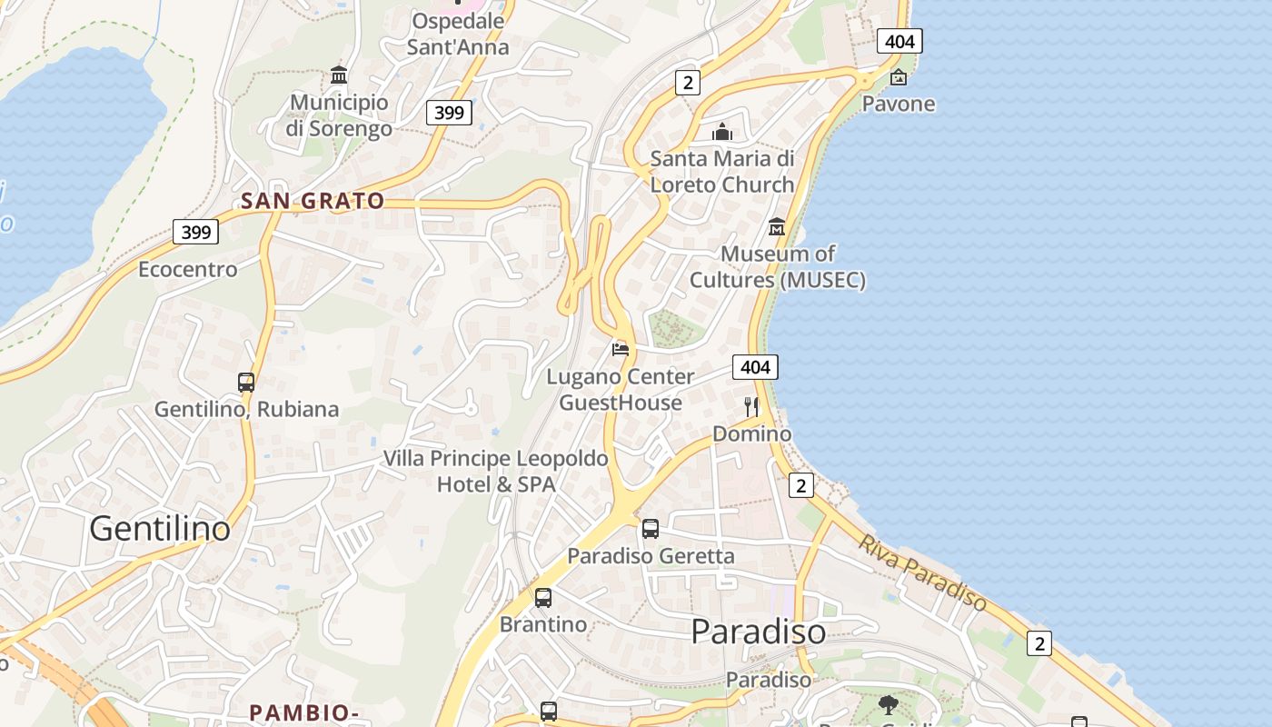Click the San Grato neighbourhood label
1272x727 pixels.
tap(313, 202)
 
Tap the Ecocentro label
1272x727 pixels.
tap(187, 269)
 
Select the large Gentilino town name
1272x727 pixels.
tap(160, 528)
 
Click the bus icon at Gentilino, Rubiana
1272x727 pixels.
tap(246, 382)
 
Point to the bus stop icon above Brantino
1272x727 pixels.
tap(542, 597)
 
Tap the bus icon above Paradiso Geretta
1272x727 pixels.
tap(650, 528)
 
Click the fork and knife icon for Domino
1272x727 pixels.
tap(751, 406)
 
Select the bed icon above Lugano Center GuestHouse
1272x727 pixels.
tap(621, 349)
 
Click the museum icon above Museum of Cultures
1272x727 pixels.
tap(777, 226)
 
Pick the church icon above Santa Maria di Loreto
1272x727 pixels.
tap(722, 132)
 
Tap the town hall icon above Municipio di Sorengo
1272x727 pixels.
tap(339, 75)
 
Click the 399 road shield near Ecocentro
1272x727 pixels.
tap(195, 232)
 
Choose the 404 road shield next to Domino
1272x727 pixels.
tap(755, 367)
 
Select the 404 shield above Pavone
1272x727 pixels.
tap(899, 41)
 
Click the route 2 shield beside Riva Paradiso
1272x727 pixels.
tap(1038, 643)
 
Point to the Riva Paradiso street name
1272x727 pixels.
tap(923, 573)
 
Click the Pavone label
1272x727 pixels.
tap(899, 104)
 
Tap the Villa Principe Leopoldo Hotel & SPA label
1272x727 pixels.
tap(495, 471)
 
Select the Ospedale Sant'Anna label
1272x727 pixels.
tap(458, 34)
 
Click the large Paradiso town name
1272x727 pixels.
tap(759, 631)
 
